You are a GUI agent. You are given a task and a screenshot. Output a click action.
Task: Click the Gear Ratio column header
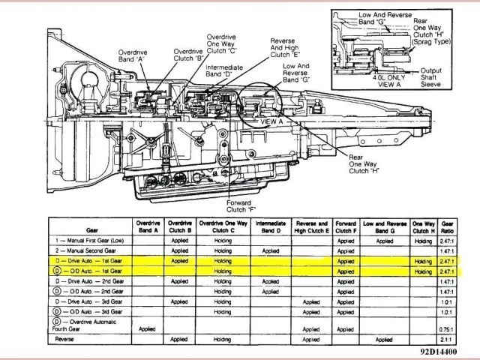pyautogui.click(x=448, y=227)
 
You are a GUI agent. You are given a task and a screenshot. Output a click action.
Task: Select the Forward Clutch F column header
pyautogui.click(x=346, y=227)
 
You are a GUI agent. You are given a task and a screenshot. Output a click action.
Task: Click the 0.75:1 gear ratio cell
pyautogui.click(x=448, y=328)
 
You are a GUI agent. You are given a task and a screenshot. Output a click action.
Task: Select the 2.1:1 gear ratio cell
pyautogui.click(x=448, y=339)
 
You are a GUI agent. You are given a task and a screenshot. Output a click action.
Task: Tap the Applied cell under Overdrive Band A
pyautogui.click(x=147, y=328)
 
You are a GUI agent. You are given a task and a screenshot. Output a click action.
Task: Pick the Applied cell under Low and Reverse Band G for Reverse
pyautogui.click(x=385, y=339)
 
